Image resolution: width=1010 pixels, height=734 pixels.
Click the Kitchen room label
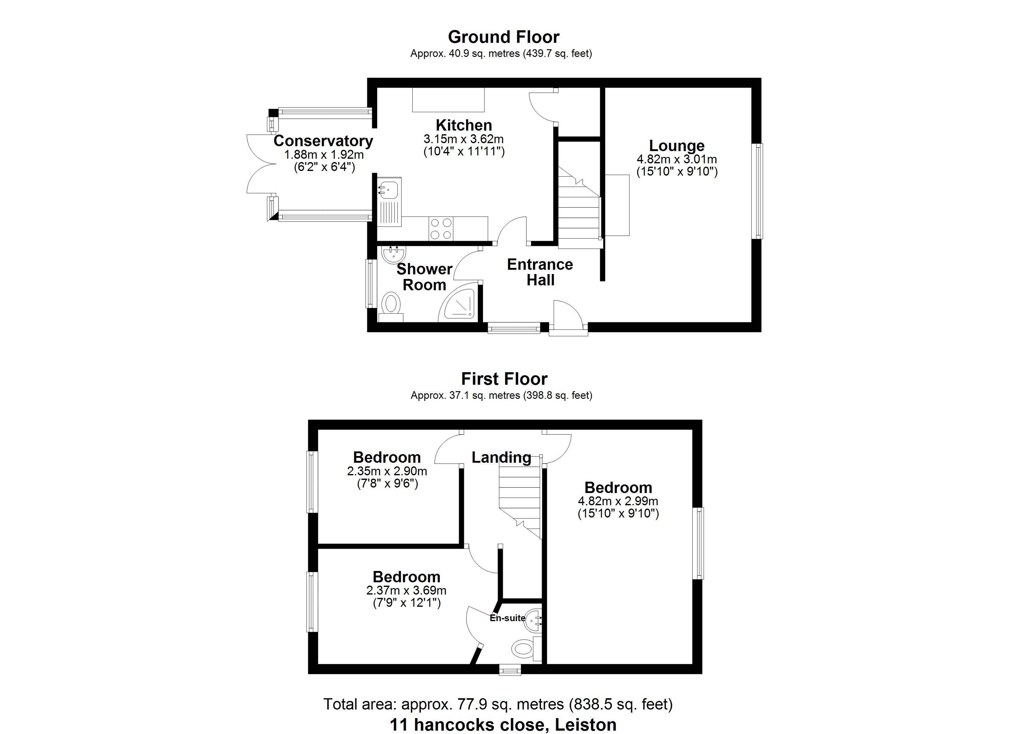click(x=464, y=125)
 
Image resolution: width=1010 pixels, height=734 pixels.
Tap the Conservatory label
click(x=323, y=141)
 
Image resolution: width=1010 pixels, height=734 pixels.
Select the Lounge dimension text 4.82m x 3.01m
click(x=677, y=159)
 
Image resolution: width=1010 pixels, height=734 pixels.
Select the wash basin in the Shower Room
click(x=394, y=254)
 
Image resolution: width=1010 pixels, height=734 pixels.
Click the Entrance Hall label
click(x=540, y=272)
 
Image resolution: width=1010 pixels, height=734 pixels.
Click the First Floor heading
click(x=504, y=379)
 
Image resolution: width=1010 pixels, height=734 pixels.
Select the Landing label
click(x=501, y=457)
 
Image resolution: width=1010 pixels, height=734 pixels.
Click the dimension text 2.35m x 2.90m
click(x=387, y=471)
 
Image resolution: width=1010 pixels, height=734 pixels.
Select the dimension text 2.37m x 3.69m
click(x=406, y=591)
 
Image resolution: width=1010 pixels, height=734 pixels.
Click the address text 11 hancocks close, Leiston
click(x=503, y=725)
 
